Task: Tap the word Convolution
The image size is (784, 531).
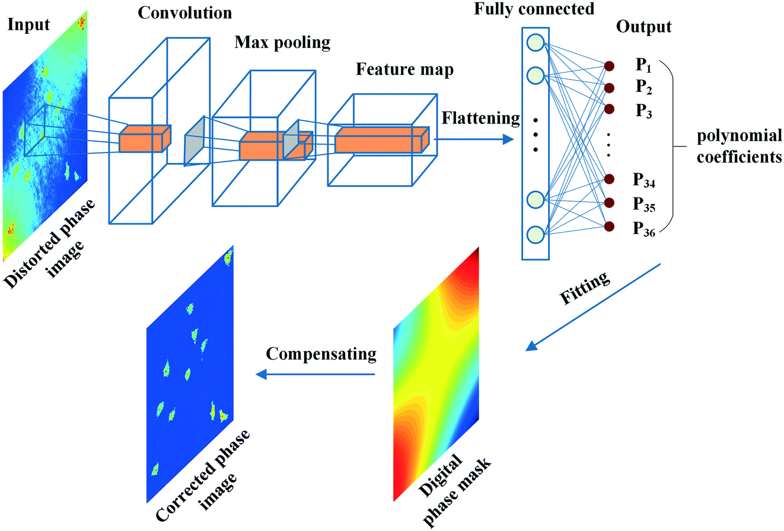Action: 176,12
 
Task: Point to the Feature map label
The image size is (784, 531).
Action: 405,69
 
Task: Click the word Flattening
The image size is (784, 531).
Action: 480,118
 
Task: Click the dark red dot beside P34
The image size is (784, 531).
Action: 609,178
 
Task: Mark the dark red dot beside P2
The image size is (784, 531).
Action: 609,88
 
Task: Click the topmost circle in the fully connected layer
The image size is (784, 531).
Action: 535,42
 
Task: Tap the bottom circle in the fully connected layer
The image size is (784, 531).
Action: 535,233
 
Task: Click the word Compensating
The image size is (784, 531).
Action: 321,355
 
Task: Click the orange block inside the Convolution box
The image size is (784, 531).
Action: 144,139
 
